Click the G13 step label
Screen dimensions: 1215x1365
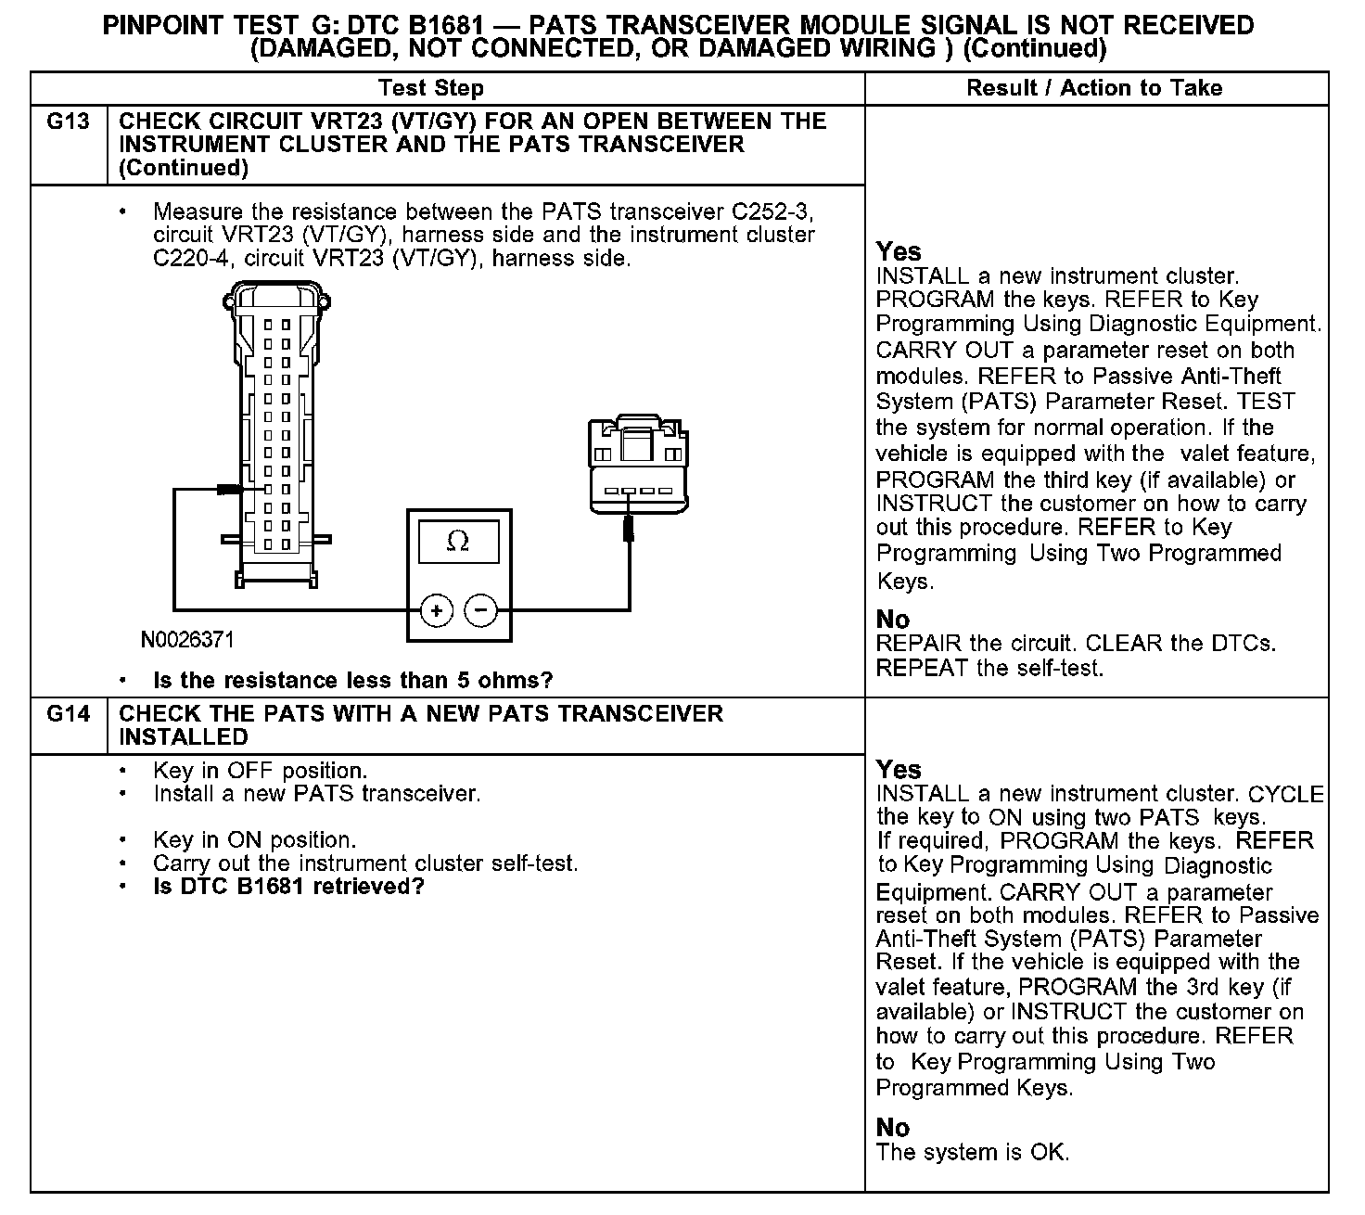(68, 121)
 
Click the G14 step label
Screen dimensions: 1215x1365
(68, 714)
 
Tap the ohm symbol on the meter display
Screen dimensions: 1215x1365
(458, 542)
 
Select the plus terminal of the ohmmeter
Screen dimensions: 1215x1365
(436, 610)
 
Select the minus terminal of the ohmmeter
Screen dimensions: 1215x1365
(480, 610)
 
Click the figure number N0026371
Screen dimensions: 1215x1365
(187, 640)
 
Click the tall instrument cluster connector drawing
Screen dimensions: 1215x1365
(276, 436)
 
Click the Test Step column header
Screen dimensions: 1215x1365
(431, 88)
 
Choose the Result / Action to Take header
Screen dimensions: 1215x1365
(1094, 88)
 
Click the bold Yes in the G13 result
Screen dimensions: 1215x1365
(899, 251)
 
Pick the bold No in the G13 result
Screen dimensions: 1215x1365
(893, 619)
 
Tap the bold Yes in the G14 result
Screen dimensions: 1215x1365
(899, 770)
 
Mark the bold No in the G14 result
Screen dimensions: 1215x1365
(893, 1127)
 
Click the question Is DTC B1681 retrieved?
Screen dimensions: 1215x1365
(288, 887)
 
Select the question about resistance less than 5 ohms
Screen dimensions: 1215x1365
(352, 681)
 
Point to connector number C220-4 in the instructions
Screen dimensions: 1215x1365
(190, 259)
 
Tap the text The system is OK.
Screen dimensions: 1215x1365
(973, 1153)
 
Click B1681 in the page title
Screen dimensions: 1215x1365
(440, 25)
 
